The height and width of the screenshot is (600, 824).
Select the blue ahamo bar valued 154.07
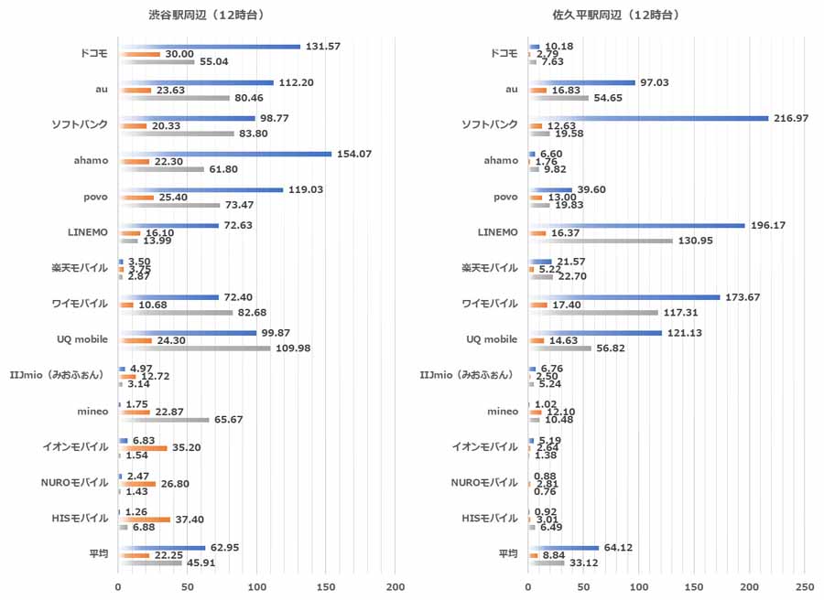coord(224,154)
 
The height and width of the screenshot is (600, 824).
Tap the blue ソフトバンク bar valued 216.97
coord(648,118)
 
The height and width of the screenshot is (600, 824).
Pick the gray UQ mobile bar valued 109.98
coord(194,348)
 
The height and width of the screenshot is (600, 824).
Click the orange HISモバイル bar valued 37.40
coord(144,520)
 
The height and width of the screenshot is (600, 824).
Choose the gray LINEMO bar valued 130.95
coord(601,241)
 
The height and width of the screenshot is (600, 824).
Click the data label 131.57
coord(323,47)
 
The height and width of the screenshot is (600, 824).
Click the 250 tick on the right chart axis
coord(805,585)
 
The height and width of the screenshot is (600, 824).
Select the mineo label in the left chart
coord(92,412)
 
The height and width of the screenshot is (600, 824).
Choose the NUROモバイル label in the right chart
coord(487,483)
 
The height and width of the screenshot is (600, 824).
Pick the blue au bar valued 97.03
coord(581,82)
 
